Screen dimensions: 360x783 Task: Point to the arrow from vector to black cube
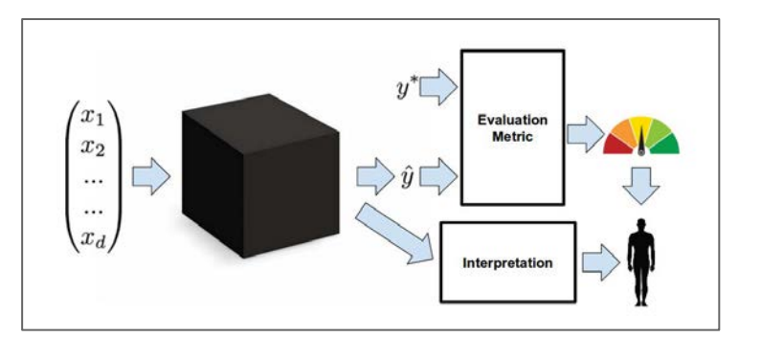149,177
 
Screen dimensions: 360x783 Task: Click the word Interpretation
506,260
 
